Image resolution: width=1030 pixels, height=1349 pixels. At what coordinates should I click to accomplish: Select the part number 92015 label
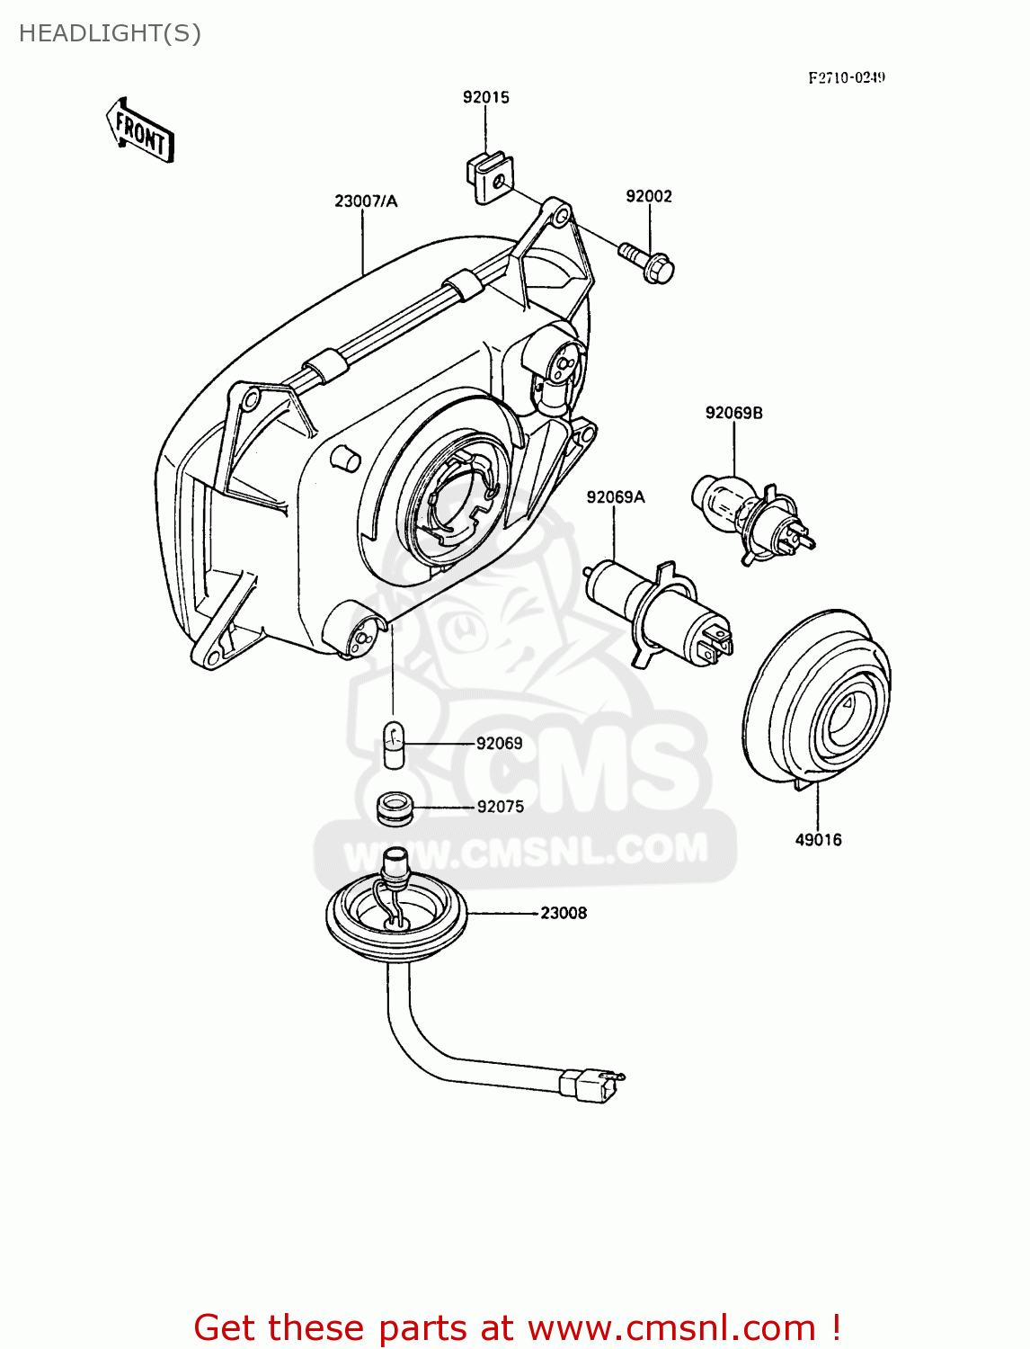[486, 97]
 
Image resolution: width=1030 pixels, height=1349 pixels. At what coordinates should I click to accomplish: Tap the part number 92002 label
[649, 196]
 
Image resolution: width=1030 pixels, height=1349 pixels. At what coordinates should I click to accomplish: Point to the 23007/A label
[366, 201]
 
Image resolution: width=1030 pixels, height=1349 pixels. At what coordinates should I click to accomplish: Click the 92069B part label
[734, 413]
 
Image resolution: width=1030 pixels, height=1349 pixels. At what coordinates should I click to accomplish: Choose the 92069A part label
[616, 496]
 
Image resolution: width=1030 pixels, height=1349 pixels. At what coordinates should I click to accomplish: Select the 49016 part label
[818, 840]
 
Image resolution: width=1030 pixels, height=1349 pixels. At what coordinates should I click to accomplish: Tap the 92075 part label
[500, 807]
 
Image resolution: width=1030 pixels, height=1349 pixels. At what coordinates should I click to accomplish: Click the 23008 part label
[564, 913]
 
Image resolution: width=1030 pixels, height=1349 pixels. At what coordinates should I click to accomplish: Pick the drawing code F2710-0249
[847, 78]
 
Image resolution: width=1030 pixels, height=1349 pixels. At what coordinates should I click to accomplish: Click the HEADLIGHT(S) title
[110, 33]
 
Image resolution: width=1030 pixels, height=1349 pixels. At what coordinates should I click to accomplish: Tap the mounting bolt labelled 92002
[648, 262]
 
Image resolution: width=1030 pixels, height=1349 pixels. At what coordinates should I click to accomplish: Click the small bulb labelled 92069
[394, 744]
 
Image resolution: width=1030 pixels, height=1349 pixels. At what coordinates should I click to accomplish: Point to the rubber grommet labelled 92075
[393, 807]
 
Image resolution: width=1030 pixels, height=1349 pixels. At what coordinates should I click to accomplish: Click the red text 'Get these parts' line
[517, 1327]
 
